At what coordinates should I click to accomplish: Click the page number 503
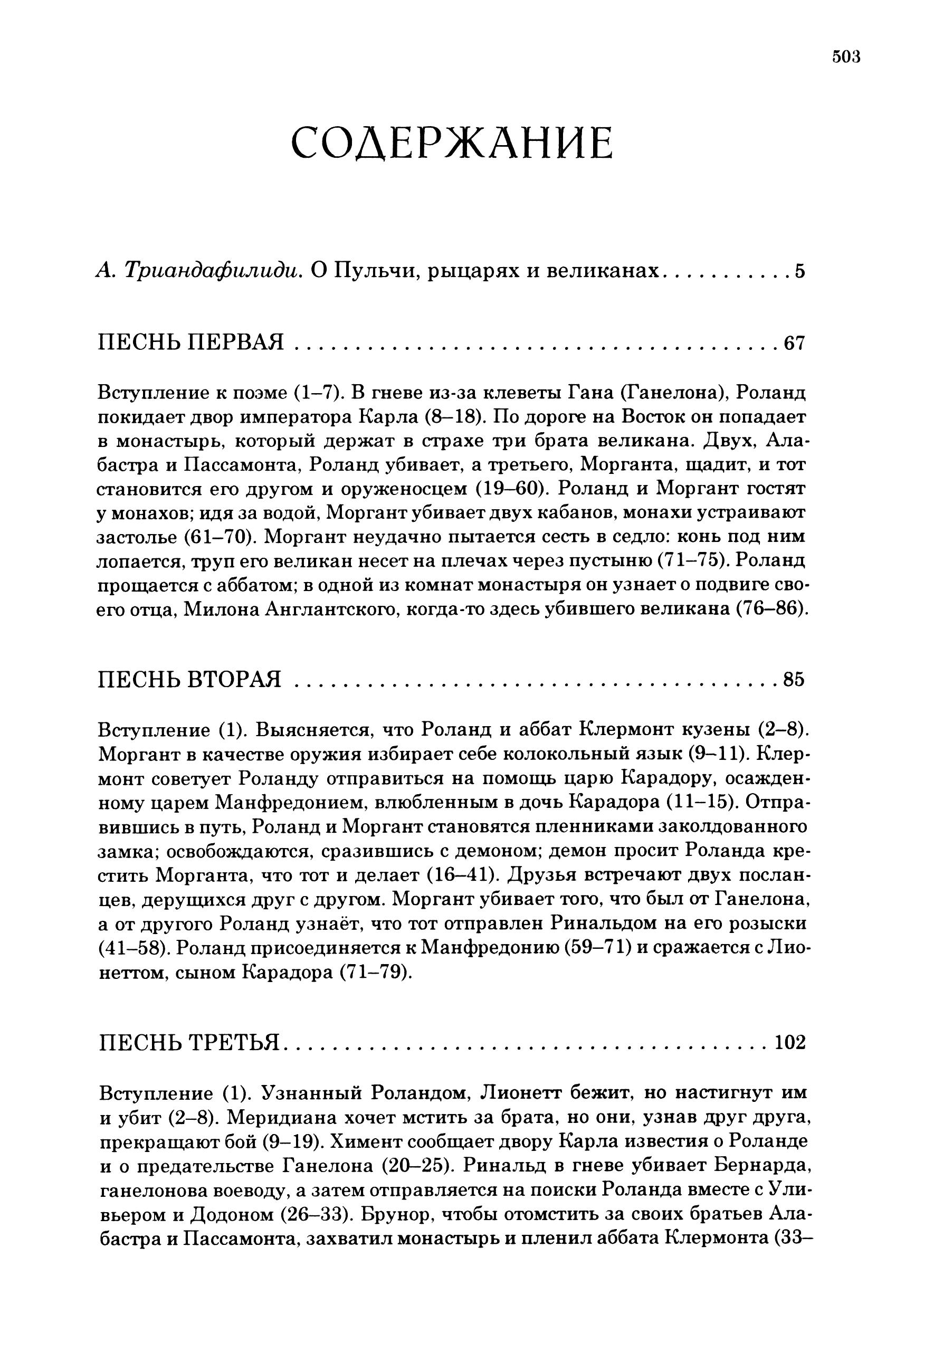(845, 56)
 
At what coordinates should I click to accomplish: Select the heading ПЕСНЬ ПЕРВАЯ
(190, 342)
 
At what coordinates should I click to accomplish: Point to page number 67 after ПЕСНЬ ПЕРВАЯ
(794, 343)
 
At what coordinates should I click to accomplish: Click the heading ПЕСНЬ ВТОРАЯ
(189, 680)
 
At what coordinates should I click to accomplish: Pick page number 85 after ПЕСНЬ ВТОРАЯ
(794, 680)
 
